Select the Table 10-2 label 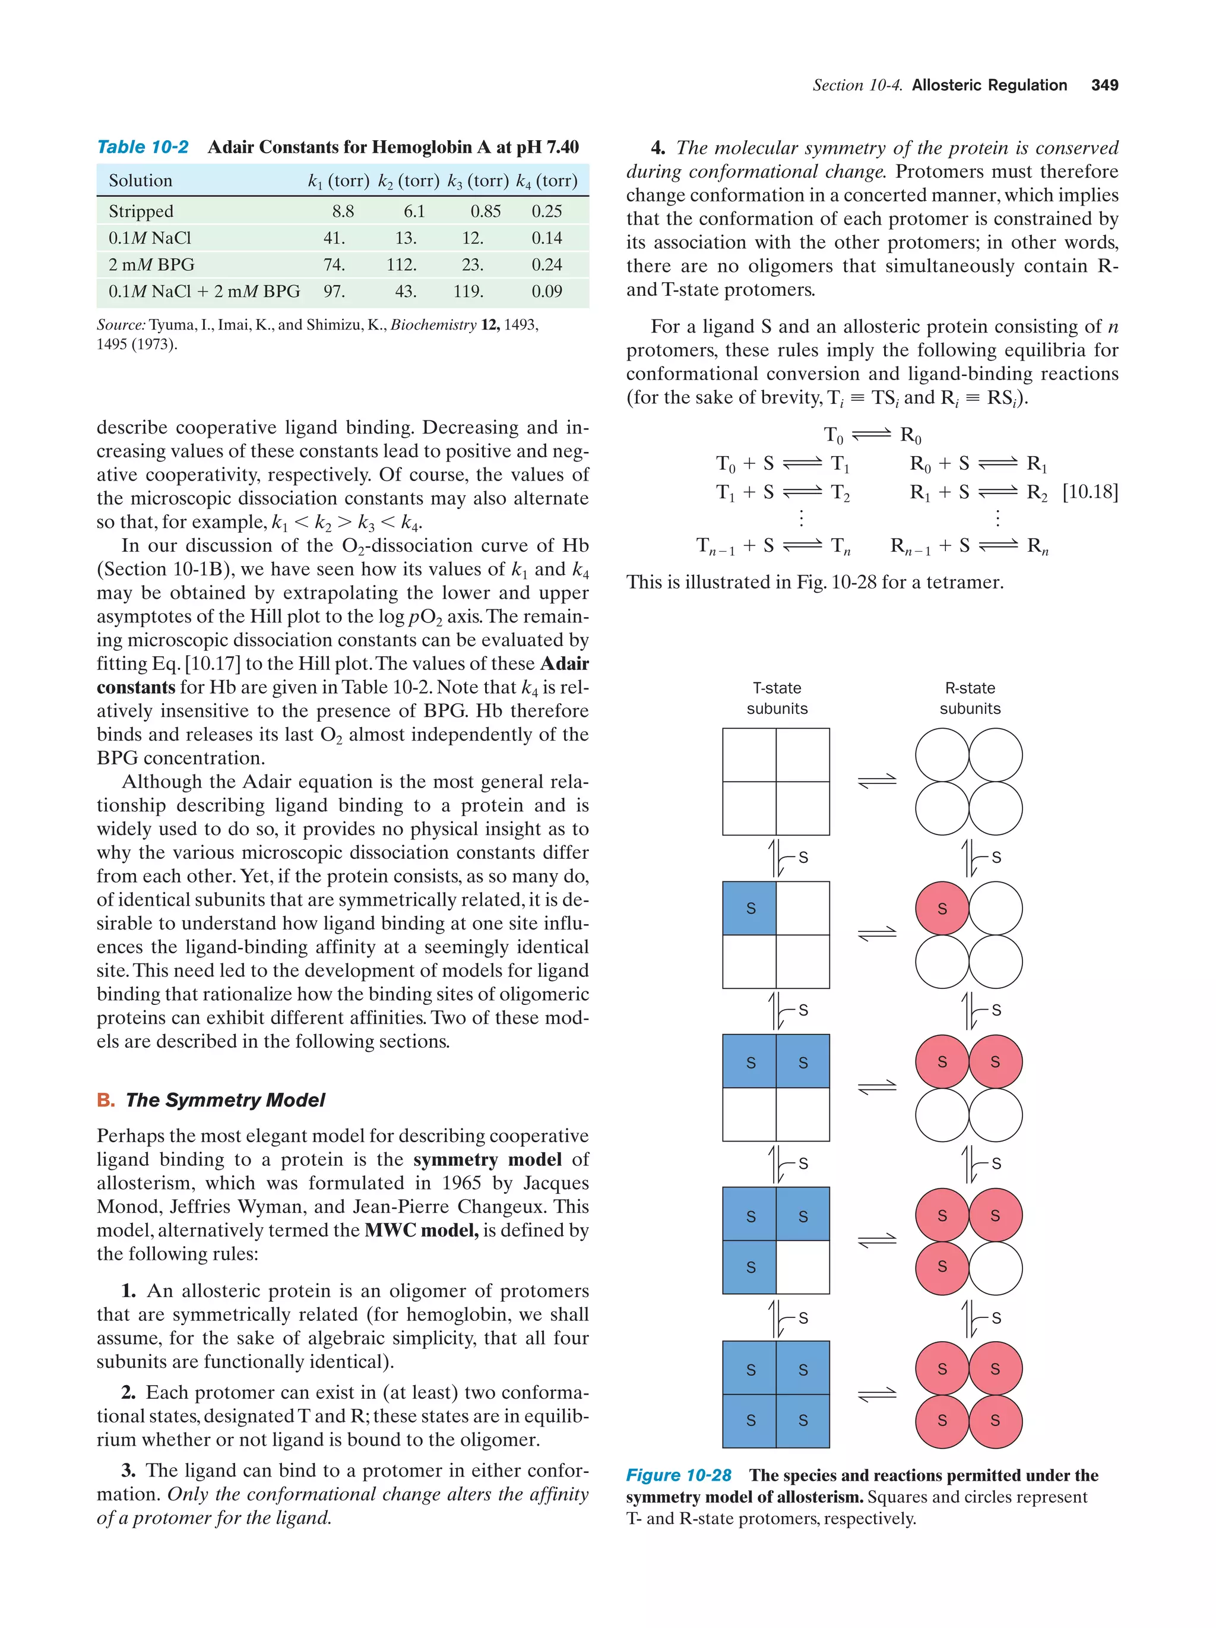pyautogui.click(x=142, y=147)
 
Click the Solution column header pyautogui.click(x=141, y=181)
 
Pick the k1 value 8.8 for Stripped pyautogui.click(x=343, y=212)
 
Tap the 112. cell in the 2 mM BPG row pyautogui.click(x=401, y=265)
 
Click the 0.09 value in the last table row pyautogui.click(x=547, y=292)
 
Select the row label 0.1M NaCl pyautogui.click(x=150, y=238)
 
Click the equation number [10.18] pyautogui.click(x=1090, y=492)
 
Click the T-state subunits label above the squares pyautogui.click(x=777, y=698)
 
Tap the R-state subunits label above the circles pyautogui.click(x=970, y=698)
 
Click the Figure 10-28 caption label pyautogui.click(x=678, y=1475)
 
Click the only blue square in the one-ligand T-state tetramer pyautogui.click(x=749, y=908)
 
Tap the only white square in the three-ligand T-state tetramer pyautogui.click(x=803, y=1267)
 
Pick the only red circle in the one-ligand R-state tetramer pyautogui.click(x=942, y=908)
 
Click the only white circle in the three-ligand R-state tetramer pyautogui.click(x=995, y=1267)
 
